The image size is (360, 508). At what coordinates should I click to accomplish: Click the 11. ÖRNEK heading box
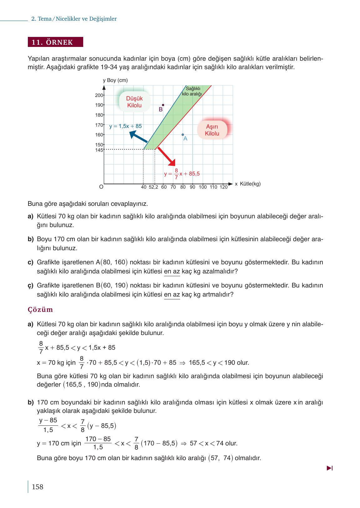[55, 42]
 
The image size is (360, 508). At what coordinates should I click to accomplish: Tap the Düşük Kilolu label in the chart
[134, 102]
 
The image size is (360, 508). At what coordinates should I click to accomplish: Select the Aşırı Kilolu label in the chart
[212, 130]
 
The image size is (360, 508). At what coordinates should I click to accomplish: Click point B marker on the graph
[163, 105]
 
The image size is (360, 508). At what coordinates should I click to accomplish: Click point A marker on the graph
[183, 135]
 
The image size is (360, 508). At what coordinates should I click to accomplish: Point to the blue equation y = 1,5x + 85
[125, 126]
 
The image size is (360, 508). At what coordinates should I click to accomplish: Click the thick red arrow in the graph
[166, 156]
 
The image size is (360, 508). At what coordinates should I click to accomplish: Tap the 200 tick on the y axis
[99, 95]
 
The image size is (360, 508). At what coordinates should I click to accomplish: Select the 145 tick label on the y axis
[99, 150]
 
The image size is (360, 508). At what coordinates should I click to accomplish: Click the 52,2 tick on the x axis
[153, 187]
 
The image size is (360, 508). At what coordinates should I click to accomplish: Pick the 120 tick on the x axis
[223, 187]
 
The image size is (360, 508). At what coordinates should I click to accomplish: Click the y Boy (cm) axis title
[115, 80]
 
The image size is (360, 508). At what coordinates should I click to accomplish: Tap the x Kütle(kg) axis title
[247, 184]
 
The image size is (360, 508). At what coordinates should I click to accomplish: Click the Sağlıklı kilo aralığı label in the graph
[192, 91]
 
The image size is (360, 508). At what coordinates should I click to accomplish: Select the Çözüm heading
[40, 310]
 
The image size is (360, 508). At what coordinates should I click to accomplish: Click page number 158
[37, 487]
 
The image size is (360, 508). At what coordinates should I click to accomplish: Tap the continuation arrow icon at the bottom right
[329, 468]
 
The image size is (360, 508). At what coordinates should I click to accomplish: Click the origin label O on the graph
[101, 187]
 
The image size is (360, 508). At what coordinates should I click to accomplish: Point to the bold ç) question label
[30, 286]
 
